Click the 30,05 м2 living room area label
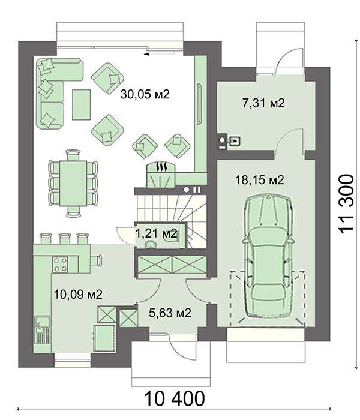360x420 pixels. tap(145, 94)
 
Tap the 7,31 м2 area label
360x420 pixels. tap(263, 103)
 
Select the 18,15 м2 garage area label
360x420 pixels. tap(260, 180)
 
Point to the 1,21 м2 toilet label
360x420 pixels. tap(157, 234)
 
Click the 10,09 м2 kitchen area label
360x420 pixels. tap(78, 295)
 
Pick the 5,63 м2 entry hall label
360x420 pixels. tap(170, 313)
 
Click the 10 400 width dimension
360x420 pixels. tap(175, 398)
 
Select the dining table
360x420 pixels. tap(73, 183)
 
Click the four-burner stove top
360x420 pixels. tap(61, 265)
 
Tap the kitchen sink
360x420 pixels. tap(42, 330)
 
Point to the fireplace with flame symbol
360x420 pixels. tap(161, 175)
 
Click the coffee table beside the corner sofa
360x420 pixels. tap(82, 105)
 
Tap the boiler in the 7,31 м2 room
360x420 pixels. tap(221, 141)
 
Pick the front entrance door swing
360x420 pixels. tap(176, 347)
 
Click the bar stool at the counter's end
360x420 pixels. tap(96, 260)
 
